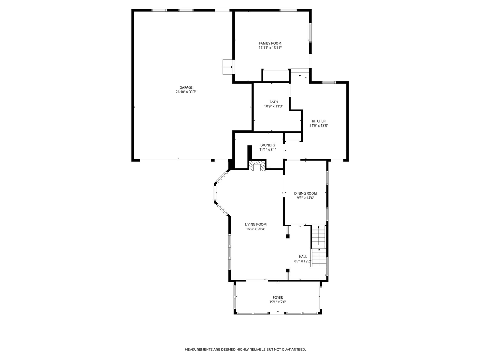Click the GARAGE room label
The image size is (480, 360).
tap(186, 87)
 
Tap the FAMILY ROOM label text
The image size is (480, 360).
tap(270, 43)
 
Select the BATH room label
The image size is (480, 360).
tap(274, 102)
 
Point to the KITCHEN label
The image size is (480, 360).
tap(319, 121)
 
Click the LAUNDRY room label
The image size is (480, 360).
tap(268, 145)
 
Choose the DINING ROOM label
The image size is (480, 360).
tap(305, 193)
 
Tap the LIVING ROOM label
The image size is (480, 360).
tap(256, 225)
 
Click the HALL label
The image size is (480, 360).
tap(303, 256)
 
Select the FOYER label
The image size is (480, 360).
tap(278, 298)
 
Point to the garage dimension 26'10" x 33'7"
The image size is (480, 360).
tap(186, 92)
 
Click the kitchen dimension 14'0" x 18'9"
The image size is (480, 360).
tap(319, 126)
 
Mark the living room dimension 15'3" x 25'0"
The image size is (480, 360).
tap(256, 229)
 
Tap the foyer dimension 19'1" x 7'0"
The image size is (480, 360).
tap(278, 302)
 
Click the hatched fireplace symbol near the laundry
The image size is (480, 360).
tap(257, 166)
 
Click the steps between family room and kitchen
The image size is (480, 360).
tap(300, 73)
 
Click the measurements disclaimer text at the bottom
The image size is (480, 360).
tap(245, 349)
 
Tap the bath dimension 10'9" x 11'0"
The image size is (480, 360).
tap(274, 106)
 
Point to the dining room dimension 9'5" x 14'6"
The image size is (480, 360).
tap(305, 198)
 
